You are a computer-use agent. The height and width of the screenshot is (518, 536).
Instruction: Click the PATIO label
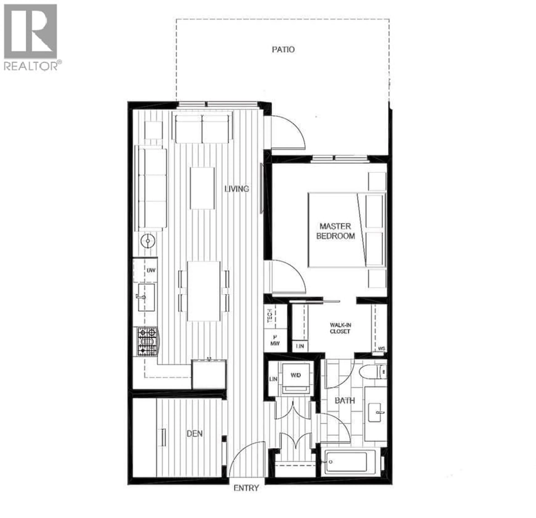tap(283, 50)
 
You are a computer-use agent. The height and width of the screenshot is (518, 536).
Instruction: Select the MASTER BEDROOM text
tap(336, 231)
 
